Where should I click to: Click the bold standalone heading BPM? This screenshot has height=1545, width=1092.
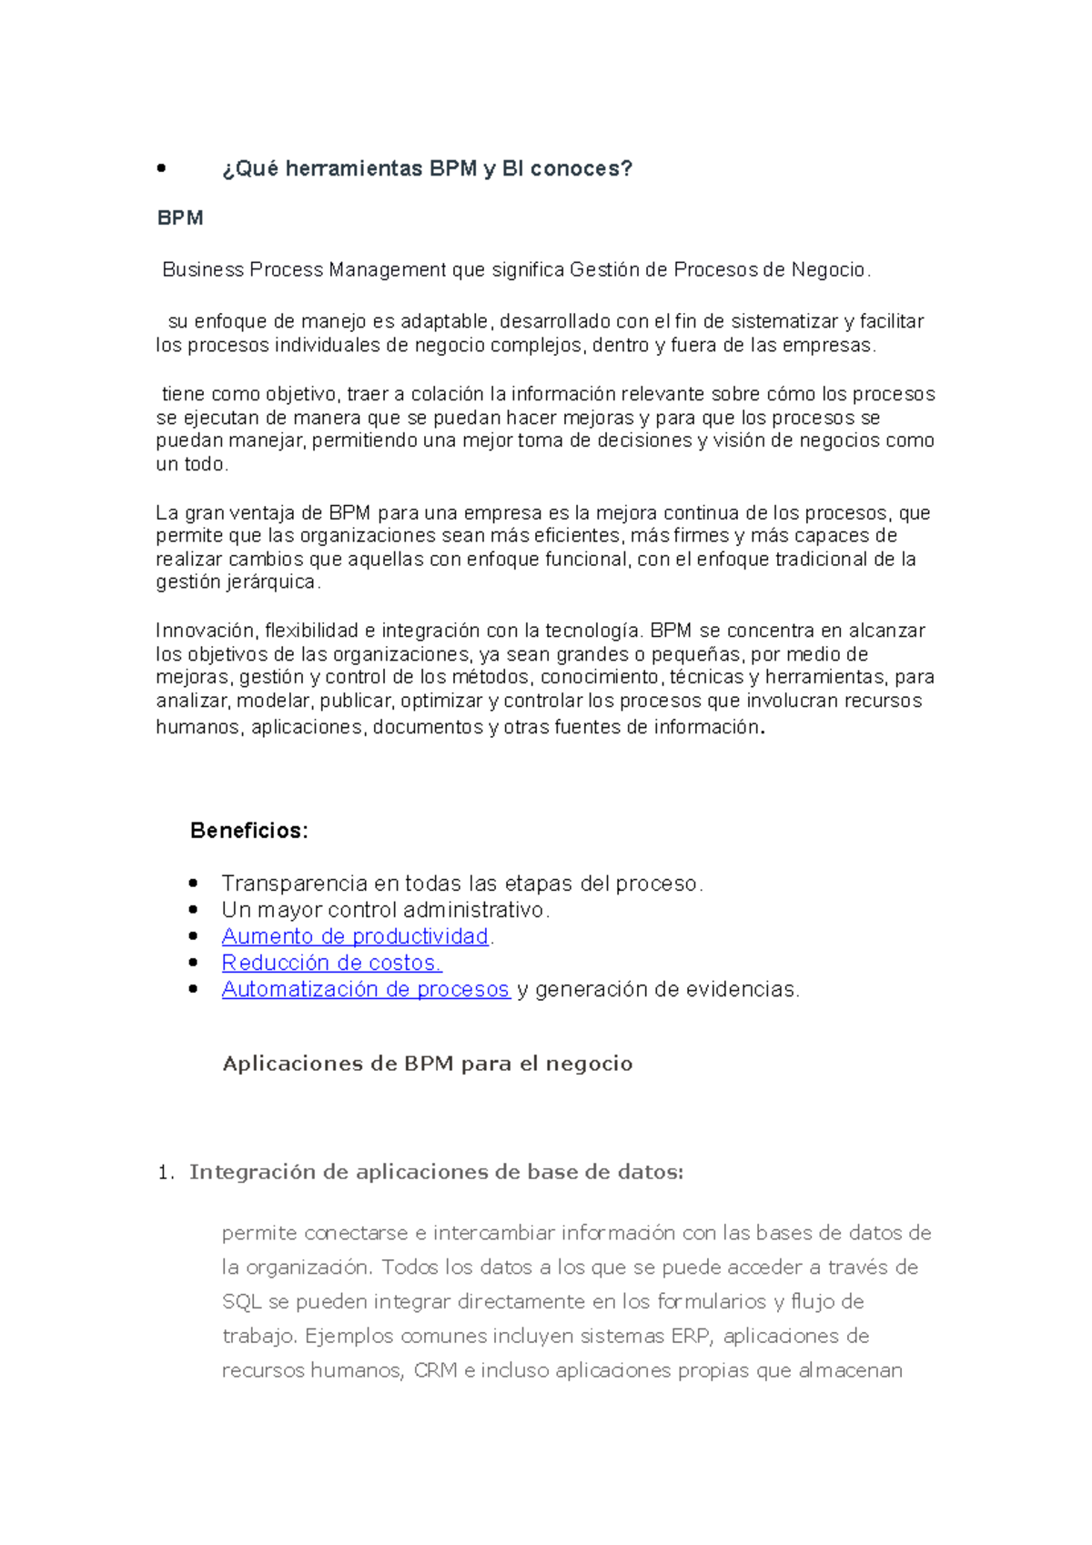(x=179, y=218)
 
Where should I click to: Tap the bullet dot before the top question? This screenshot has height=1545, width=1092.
(x=161, y=168)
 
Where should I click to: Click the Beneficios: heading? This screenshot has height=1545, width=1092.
(x=248, y=831)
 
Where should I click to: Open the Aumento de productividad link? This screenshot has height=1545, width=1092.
(x=355, y=936)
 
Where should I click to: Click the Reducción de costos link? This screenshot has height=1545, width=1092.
(x=331, y=963)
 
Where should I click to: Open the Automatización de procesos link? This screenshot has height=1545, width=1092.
(x=365, y=989)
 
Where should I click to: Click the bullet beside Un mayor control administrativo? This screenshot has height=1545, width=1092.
(x=193, y=910)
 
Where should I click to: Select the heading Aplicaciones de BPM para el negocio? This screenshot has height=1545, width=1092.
(x=428, y=1064)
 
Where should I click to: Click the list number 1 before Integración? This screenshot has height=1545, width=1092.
(x=164, y=1173)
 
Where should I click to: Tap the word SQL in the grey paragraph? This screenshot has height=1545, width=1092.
(x=242, y=1302)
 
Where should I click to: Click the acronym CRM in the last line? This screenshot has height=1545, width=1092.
(x=435, y=1371)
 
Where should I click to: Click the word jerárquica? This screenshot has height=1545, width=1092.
(x=271, y=582)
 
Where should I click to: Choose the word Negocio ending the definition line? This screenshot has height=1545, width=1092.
(x=828, y=270)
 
